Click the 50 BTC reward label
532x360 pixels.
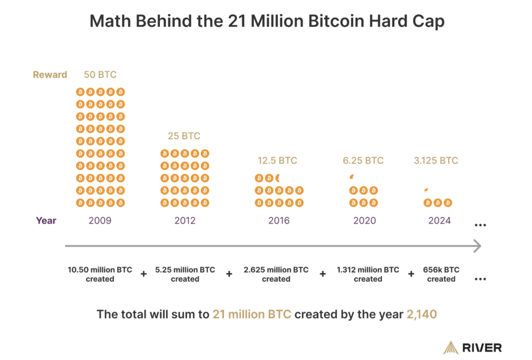(100, 74)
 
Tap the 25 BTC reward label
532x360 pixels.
(184, 136)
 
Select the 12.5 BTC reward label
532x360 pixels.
(277, 161)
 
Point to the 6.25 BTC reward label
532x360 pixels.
(364, 161)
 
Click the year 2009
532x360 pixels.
(100, 220)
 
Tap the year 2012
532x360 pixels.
(185, 220)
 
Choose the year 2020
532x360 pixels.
(364, 220)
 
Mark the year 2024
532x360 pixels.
(440, 220)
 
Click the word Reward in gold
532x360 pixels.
(50, 75)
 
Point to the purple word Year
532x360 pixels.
(46, 220)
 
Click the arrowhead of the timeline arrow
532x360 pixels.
(476, 246)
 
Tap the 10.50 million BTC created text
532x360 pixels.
(100, 274)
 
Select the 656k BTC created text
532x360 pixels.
(441, 274)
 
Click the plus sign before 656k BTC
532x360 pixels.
(411, 274)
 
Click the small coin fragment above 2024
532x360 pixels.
(427, 190)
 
